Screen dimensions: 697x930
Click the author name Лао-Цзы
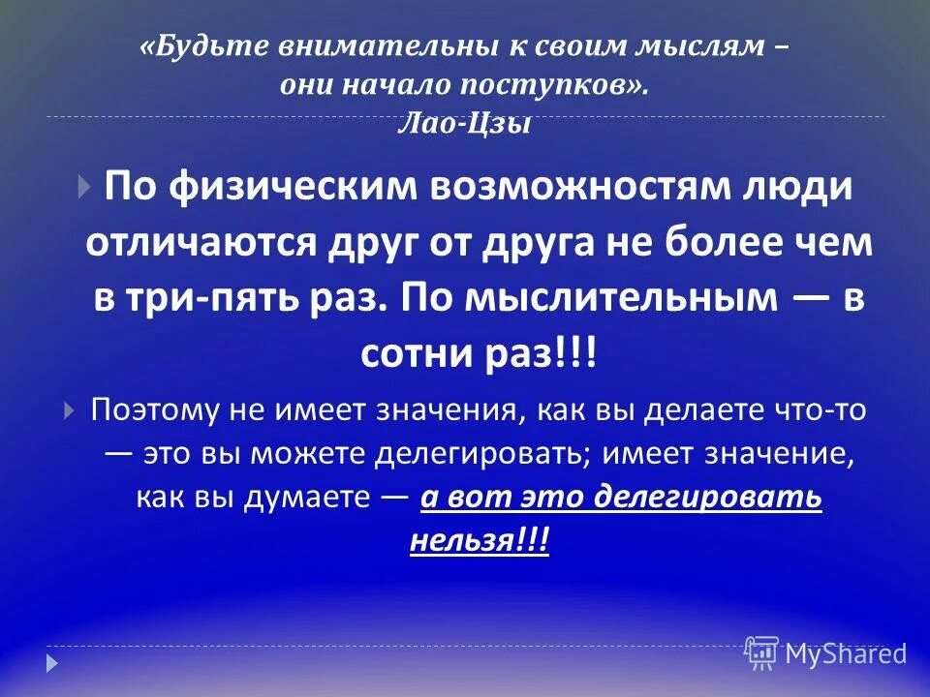465,124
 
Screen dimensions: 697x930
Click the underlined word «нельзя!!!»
480,541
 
